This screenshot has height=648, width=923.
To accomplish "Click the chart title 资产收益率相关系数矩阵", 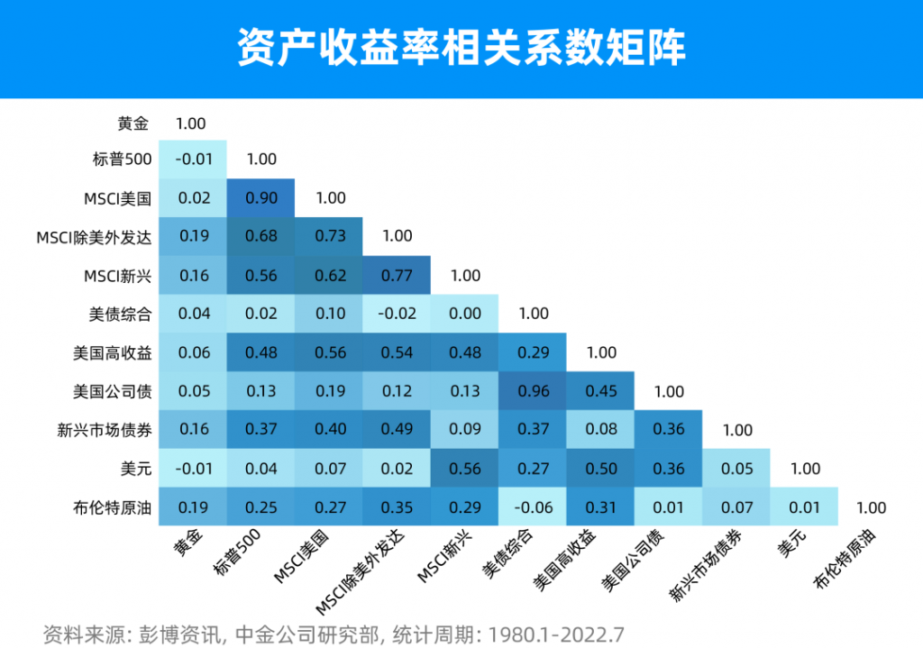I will [x=461, y=48].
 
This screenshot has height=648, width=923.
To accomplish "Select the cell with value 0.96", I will [x=534, y=391].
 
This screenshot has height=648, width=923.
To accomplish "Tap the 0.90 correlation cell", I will [x=261, y=197].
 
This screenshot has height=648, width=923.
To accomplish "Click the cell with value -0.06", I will [x=534, y=507].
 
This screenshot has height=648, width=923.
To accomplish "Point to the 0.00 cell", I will [x=465, y=314].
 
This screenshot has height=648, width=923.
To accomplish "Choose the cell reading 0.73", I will [x=329, y=236].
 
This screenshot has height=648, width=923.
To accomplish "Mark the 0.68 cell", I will [x=261, y=236].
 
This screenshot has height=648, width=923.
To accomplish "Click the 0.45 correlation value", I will [x=601, y=391].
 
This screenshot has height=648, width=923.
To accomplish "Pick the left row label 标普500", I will [x=121, y=160].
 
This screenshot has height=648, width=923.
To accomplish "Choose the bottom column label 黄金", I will [x=188, y=546].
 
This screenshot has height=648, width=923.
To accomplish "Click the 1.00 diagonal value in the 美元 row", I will [x=805, y=469].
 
